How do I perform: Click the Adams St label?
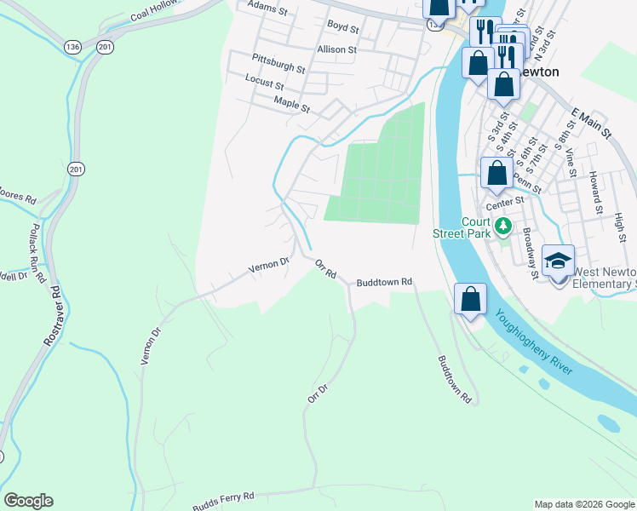(264, 5)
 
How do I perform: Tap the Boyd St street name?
(343, 28)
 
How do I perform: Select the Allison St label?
(336, 49)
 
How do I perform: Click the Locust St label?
(264, 83)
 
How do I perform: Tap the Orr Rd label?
(326, 270)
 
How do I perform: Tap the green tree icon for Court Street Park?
(504, 226)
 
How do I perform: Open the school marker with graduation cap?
(558, 261)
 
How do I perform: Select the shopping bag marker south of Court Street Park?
(470, 300)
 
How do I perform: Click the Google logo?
(28, 501)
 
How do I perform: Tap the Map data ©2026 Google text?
(583, 504)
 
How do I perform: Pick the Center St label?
(502, 205)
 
